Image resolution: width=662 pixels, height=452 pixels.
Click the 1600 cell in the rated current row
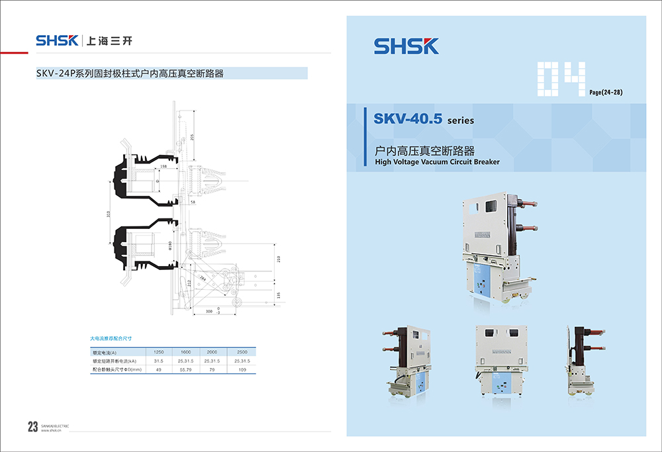point(185,352)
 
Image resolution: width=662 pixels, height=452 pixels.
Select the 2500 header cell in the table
point(242,352)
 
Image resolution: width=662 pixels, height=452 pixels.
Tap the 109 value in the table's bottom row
point(242,369)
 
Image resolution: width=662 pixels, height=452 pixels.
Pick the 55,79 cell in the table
point(185,369)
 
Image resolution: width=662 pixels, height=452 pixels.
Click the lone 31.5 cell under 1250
point(159,361)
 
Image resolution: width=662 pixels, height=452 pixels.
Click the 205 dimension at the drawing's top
point(192,137)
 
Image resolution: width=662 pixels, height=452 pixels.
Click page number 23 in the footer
point(32,427)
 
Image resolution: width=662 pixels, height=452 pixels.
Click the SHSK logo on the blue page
point(406,46)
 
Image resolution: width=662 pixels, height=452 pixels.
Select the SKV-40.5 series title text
point(423,120)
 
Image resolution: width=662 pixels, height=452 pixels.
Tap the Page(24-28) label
point(606,92)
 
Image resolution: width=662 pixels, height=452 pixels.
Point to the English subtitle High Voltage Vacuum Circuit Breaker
point(437,161)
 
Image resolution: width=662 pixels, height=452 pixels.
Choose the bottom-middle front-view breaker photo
point(495,361)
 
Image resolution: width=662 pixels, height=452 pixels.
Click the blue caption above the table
point(111,338)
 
